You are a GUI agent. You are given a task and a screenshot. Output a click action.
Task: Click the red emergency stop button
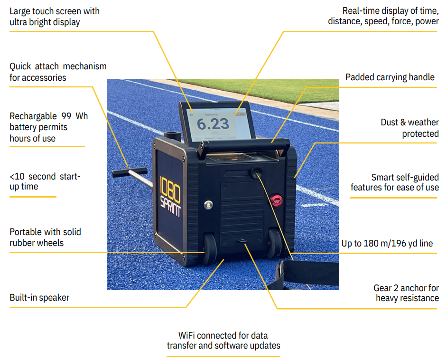coord(276,200)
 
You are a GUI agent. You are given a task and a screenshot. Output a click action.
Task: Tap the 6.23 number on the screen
coord(213,124)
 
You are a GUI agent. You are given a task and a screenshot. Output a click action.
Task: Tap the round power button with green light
coord(207,205)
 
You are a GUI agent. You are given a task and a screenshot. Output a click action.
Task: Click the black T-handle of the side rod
coord(122,171)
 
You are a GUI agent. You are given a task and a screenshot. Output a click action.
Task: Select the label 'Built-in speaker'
coord(39,298)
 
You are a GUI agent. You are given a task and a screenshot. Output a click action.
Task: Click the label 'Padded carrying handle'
coord(390,77)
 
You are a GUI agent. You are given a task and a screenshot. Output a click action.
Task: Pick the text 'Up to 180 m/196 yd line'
coord(387,244)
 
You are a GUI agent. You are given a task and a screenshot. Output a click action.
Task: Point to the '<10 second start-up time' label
coord(45,181)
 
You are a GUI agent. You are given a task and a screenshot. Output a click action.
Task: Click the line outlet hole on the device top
coord(256,171)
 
